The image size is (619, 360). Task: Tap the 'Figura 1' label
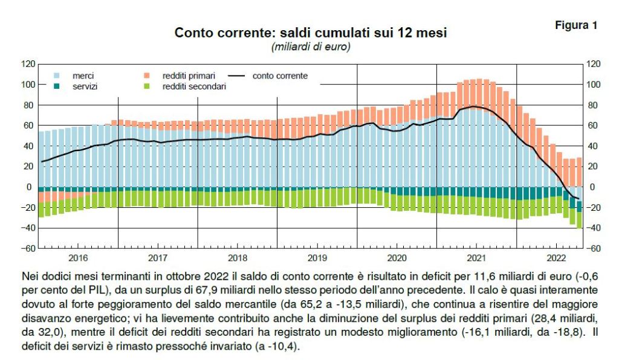(576, 25)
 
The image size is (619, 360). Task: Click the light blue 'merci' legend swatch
(57, 76)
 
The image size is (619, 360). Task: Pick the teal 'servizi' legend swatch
(57, 87)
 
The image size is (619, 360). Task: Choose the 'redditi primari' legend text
(189, 76)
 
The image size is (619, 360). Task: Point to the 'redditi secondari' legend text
(193, 87)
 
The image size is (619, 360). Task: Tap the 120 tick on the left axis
(28, 63)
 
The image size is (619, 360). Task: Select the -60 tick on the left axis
(28, 248)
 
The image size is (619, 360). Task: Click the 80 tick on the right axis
(594, 104)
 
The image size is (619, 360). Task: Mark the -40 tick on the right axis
(594, 228)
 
